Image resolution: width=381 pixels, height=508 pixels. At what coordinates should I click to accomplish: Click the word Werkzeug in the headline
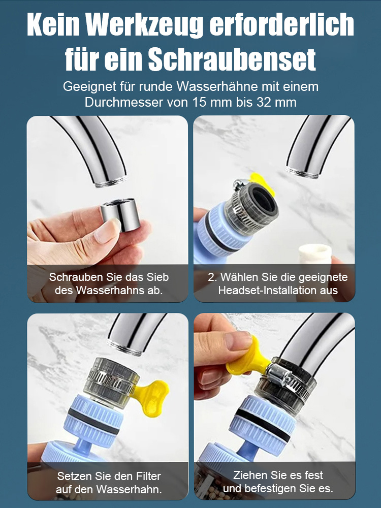click(x=153, y=25)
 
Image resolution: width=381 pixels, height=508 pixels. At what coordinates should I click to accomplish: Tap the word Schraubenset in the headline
click(x=232, y=60)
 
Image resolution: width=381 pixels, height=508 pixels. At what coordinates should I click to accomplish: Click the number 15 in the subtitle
click(x=199, y=102)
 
